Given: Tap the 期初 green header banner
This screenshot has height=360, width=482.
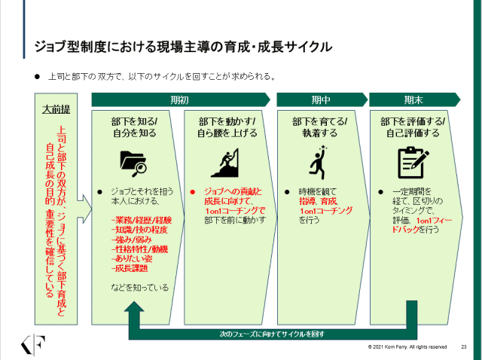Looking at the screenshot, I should coord(180,99).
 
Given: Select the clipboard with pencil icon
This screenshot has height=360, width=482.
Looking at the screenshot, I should coord(412,160).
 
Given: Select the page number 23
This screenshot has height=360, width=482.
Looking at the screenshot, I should coord(464,347).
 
